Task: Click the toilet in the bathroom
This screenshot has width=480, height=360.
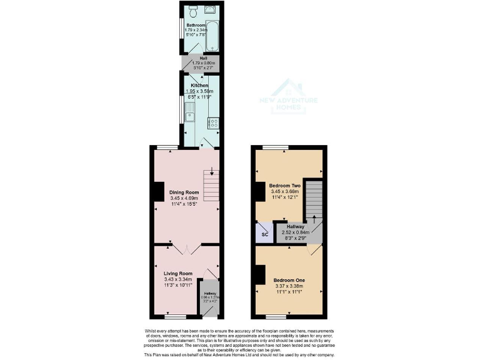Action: coord(194,11)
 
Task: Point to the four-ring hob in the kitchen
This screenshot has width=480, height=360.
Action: coord(212,123)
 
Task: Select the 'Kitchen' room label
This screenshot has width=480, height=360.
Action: coord(199,85)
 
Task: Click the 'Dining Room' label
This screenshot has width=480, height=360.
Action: coord(184,192)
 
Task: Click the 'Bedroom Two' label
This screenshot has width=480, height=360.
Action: coord(285,186)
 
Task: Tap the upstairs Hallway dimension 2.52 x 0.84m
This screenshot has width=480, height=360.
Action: coord(296,232)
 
